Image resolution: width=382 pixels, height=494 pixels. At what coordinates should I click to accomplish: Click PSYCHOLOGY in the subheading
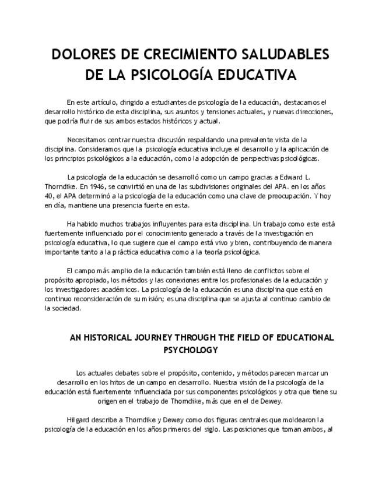[x=191, y=350]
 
